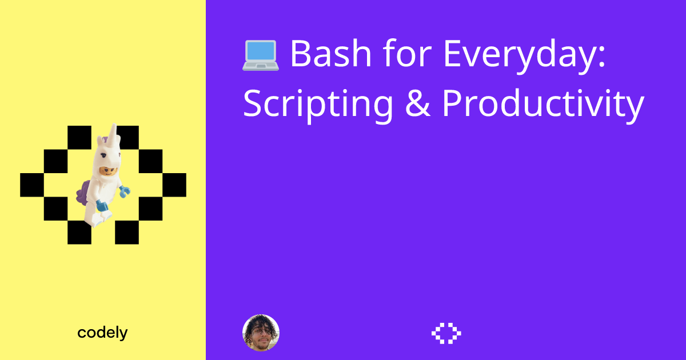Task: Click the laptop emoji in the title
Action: click(260, 55)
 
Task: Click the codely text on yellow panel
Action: click(102, 333)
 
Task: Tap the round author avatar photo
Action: click(261, 333)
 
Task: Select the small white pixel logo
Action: click(446, 333)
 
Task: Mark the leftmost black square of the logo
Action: click(32, 185)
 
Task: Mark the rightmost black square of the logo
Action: click(174, 185)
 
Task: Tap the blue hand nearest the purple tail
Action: click(102, 205)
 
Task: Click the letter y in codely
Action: click(123, 334)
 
